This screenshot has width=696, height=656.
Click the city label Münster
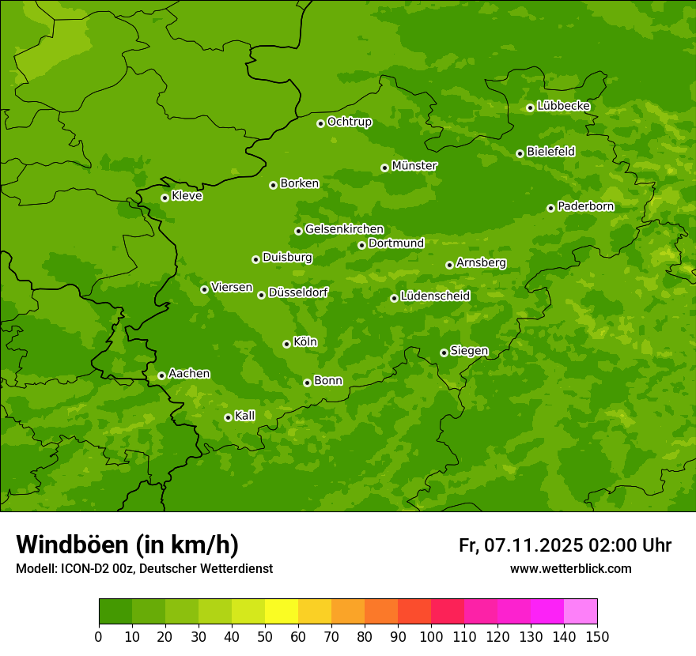414,166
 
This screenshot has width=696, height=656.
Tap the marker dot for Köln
286,344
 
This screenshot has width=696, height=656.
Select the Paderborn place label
585,206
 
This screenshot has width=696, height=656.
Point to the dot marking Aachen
161,375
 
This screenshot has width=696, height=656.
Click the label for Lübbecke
563,106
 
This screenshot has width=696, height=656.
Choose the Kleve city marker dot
165,198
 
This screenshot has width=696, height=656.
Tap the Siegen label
469,351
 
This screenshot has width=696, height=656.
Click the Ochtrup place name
349,122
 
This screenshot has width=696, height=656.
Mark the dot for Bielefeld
520,153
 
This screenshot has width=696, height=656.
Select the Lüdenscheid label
435,296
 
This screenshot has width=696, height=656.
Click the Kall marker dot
228,417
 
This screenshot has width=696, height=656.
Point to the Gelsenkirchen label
344,229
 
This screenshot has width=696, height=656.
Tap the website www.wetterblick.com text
570,568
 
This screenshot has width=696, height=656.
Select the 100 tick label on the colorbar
431,636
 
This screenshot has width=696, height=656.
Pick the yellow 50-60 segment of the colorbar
282,612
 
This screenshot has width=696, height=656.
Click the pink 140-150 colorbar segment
581,612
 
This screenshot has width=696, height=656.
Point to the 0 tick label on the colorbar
99,636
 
